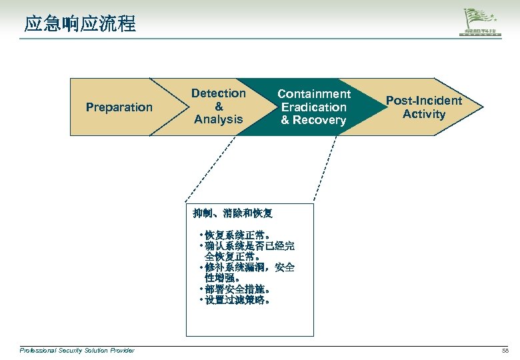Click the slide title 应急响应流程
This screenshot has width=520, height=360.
point(80,25)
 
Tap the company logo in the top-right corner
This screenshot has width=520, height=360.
point(482,24)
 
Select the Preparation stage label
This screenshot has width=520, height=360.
point(119,107)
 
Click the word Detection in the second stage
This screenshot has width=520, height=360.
point(219,94)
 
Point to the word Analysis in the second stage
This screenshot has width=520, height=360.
point(219,120)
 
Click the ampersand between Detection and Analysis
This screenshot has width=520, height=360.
point(219,107)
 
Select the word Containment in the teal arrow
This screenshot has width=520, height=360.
point(314,94)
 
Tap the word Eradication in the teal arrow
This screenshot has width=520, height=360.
point(314,107)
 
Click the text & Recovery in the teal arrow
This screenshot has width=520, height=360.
point(314,120)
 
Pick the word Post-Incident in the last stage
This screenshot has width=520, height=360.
point(424,101)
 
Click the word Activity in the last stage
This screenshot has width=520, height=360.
point(424,114)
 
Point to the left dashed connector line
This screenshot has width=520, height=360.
point(211,169)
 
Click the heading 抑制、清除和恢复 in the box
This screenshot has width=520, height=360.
point(233,214)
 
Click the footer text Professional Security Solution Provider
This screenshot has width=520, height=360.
point(77,351)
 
